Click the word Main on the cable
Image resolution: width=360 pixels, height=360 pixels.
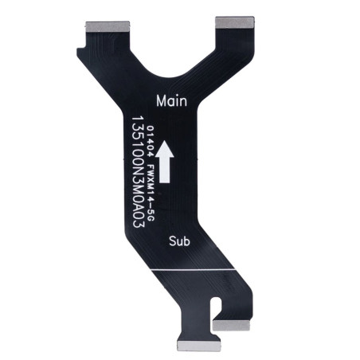click(x=171, y=101)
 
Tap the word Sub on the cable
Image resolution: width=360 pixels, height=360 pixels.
click(x=179, y=241)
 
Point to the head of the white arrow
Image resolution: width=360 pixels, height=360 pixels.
click(x=165, y=149)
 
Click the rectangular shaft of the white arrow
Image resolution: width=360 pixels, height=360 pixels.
click(x=165, y=170)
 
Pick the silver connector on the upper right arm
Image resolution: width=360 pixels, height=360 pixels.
click(x=235, y=22)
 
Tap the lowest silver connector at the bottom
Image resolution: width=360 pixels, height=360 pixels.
click(x=198, y=346)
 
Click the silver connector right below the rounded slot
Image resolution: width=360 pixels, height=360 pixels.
click(x=231, y=325)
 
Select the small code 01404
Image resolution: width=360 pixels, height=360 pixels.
click(x=151, y=142)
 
